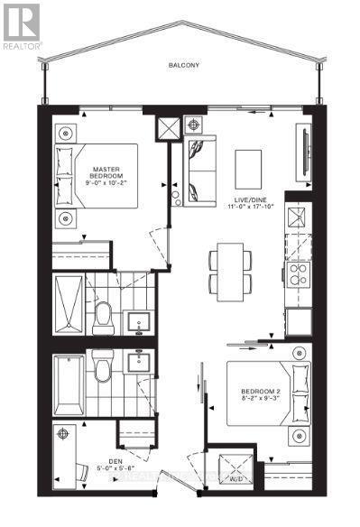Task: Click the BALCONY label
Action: coord(188,65)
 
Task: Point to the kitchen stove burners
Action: coord(297,274)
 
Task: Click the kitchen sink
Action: coord(296,219)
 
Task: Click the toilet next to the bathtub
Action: coord(103,369)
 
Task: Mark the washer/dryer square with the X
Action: coord(237,467)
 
